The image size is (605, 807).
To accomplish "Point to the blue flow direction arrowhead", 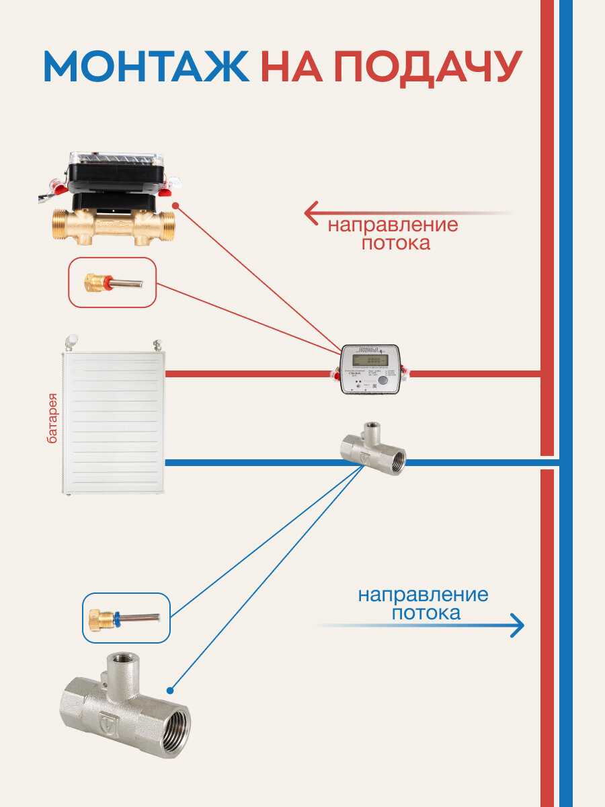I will tap(517, 625).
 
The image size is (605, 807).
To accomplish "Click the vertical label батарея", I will tap(52, 417).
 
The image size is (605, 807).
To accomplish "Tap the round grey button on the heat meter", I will tap(383, 381).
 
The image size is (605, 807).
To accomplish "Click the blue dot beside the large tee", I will tap(170, 690).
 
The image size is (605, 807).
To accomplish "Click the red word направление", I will tap(393, 225).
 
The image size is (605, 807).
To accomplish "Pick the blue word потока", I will tap(426, 613).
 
